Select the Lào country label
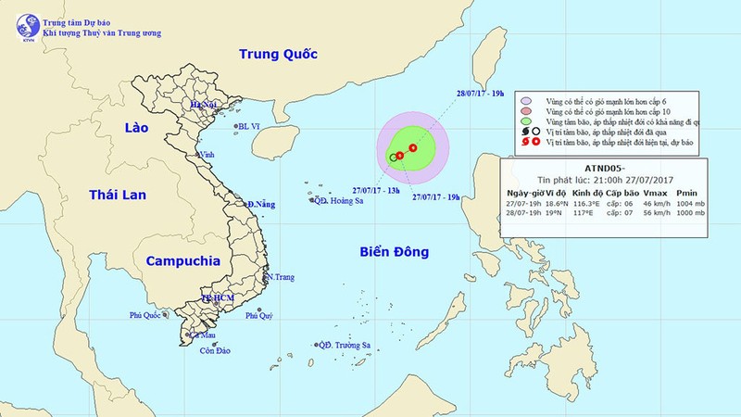click(x=142, y=131)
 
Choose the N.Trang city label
click(x=281, y=277)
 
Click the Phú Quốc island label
click(x=148, y=317)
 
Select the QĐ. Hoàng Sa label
click(x=337, y=198)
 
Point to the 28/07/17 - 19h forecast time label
click(x=481, y=92)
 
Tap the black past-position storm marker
click(x=393, y=158)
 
